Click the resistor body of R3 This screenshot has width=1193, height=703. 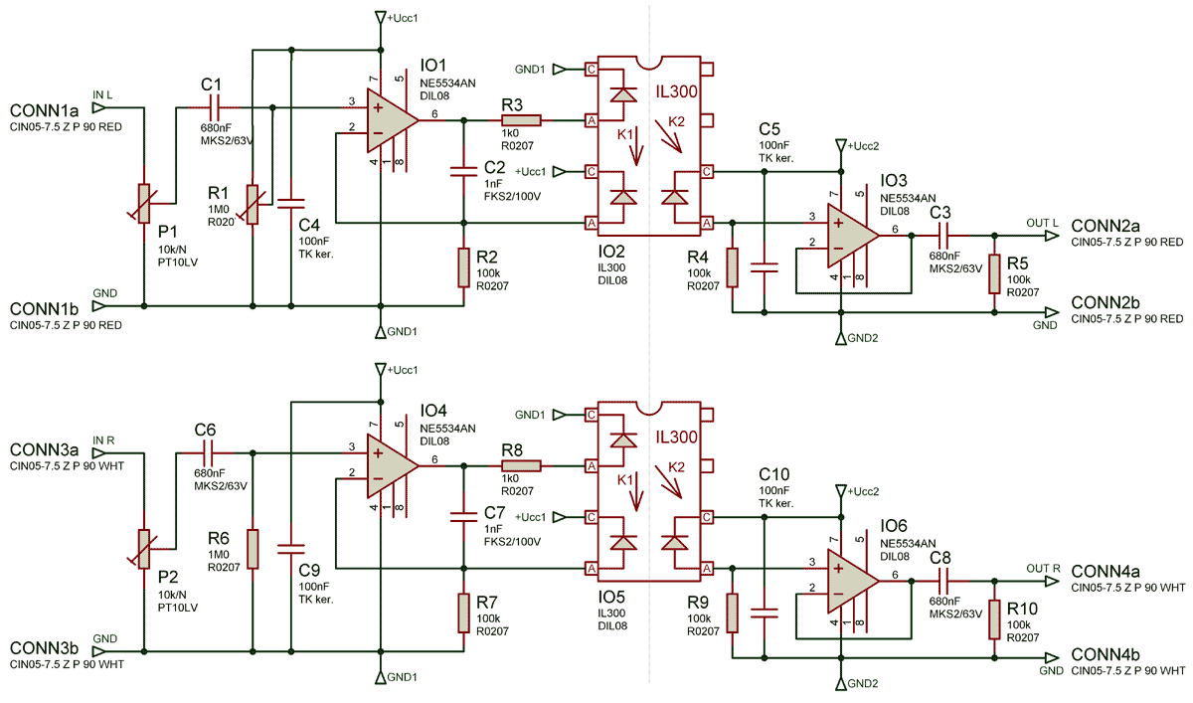(x=521, y=120)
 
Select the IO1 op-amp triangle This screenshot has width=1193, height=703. (x=392, y=120)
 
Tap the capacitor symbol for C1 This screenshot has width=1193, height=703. (x=215, y=107)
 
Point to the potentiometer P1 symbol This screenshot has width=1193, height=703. (x=143, y=203)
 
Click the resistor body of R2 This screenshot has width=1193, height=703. (x=464, y=267)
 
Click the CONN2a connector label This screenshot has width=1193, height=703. (x=1106, y=226)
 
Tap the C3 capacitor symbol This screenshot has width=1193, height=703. (x=943, y=236)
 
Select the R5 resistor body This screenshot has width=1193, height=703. (x=994, y=273)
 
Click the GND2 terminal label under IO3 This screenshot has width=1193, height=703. (x=863, y=338)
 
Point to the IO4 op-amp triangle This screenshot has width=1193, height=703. (x=392, y=466)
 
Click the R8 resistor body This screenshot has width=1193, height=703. (x=521, y=466)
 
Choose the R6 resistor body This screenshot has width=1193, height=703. (x=253, y=549)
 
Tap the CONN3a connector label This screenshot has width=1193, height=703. (x=44, y=450)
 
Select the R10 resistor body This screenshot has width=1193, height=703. (x=994, y=619)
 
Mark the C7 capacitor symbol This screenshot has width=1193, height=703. (x=464, y=517)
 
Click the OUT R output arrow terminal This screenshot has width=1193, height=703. (x=1052, y=581)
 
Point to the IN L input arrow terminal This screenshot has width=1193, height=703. (x=99, y=107)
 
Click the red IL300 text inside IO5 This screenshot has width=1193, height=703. (x=676, y=438)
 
